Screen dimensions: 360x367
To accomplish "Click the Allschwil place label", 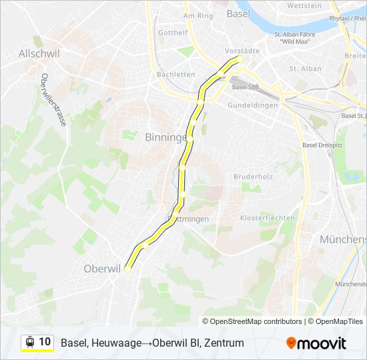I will pos(41,53).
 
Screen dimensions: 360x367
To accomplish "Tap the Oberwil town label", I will pos(101,269).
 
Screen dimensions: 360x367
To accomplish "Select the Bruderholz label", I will pos(250,177).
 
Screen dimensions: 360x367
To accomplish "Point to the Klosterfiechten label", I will pos(267,218).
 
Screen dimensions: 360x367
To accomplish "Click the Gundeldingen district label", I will pos(252,105).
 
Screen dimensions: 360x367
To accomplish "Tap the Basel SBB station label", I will pos(245,87).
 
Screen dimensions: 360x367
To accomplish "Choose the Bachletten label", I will pos(175,75).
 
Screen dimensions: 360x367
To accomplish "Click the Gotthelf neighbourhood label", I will pos(173,32).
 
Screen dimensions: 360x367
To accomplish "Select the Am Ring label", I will pos(198,15).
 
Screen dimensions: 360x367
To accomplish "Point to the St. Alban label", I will pos(305,69).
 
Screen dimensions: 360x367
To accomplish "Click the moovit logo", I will pos(316,343).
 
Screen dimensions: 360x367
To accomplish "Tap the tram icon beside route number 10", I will pos(29,342).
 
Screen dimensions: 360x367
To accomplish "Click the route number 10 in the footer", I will pos(45,342).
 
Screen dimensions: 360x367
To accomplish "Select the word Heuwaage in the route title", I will pos(115,343).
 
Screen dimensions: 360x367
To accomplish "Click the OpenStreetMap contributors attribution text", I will pos(252,321).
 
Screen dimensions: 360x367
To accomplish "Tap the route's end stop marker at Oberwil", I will pos(128,269).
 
